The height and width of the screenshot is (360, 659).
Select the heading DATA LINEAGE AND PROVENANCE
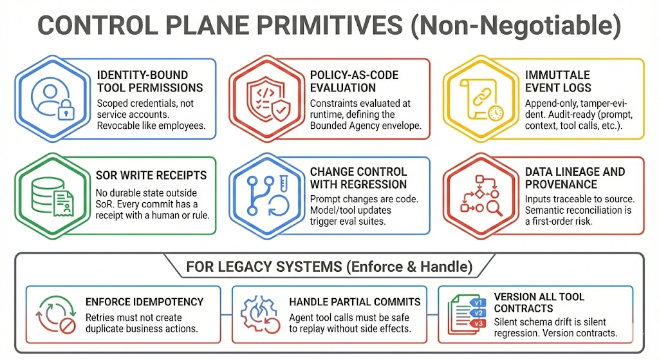(575, 178)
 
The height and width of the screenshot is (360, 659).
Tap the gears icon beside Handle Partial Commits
(260, 314)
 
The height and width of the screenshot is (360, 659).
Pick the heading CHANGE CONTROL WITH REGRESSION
(358, 178)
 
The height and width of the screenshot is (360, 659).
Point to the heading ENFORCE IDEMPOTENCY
(144, 301)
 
